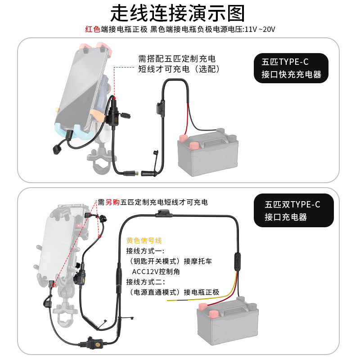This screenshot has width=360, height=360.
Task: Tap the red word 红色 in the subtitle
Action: pos(93,30)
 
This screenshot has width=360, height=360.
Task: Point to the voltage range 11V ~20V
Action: pos(259,30)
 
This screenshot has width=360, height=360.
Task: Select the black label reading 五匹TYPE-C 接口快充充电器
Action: pos(291,68)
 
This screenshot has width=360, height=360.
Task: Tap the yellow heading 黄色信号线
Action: pos(144,241)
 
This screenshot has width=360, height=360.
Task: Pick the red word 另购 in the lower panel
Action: pos(112,202)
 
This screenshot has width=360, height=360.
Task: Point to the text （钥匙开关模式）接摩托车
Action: pos(170,261)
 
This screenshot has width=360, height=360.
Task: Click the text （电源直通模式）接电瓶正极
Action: pos(173,292)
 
